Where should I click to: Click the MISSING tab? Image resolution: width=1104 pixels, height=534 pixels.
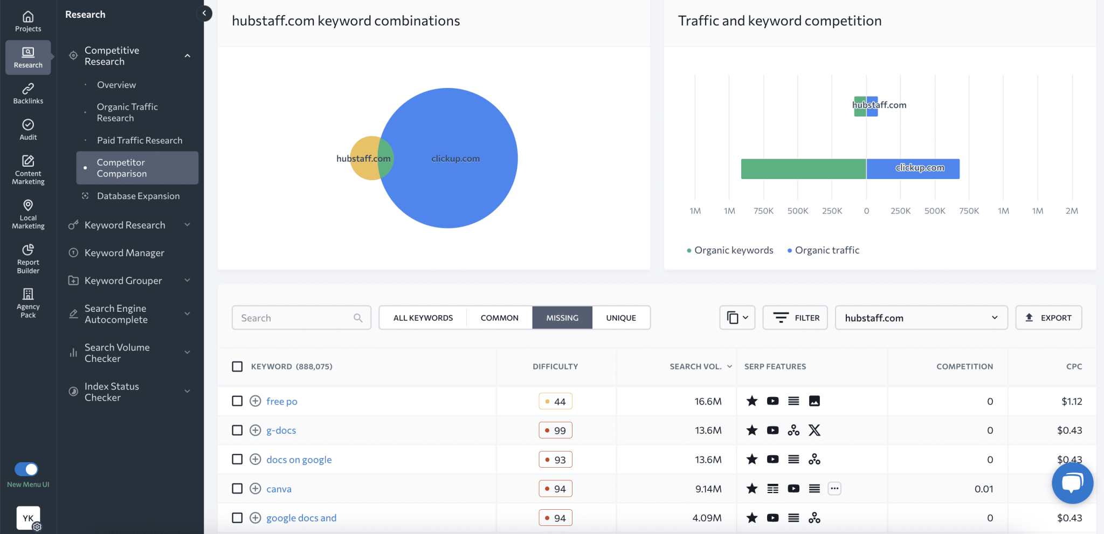tap(562, 318)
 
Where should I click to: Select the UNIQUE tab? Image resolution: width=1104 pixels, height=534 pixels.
tap(620, 318)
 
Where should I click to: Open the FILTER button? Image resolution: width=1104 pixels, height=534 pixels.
tap(795, 318)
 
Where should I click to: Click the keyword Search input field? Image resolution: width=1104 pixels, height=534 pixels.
tap(294, 318)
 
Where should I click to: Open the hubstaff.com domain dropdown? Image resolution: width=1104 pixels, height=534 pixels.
tap(921, 318)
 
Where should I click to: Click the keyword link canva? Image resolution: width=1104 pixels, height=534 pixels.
tap(279, 489)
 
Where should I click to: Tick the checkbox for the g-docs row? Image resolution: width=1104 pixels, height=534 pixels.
tap(237, 430)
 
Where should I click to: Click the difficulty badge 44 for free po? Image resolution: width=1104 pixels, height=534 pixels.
tap(555, 401)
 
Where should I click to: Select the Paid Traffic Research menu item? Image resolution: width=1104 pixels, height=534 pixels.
tap(140, 140)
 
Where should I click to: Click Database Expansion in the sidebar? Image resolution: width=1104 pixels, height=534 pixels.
tap(138, 196)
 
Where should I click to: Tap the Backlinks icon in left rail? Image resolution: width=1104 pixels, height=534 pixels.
tap(28, 93)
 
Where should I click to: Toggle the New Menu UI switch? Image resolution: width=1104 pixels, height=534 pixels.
tap(26, 469)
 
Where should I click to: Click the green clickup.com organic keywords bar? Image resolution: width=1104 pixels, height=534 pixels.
tap(803, 169)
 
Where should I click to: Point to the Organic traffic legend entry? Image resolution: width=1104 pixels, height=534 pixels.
tap(826, 250)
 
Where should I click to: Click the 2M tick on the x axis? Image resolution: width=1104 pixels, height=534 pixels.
tap(1072, 211)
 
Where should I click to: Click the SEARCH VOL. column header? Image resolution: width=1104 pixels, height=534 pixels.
tap(695, 366)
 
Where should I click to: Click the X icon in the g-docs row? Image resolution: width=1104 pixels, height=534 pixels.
tap(814, 430)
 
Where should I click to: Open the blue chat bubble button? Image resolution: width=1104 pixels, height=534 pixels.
tap(1072, 482)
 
